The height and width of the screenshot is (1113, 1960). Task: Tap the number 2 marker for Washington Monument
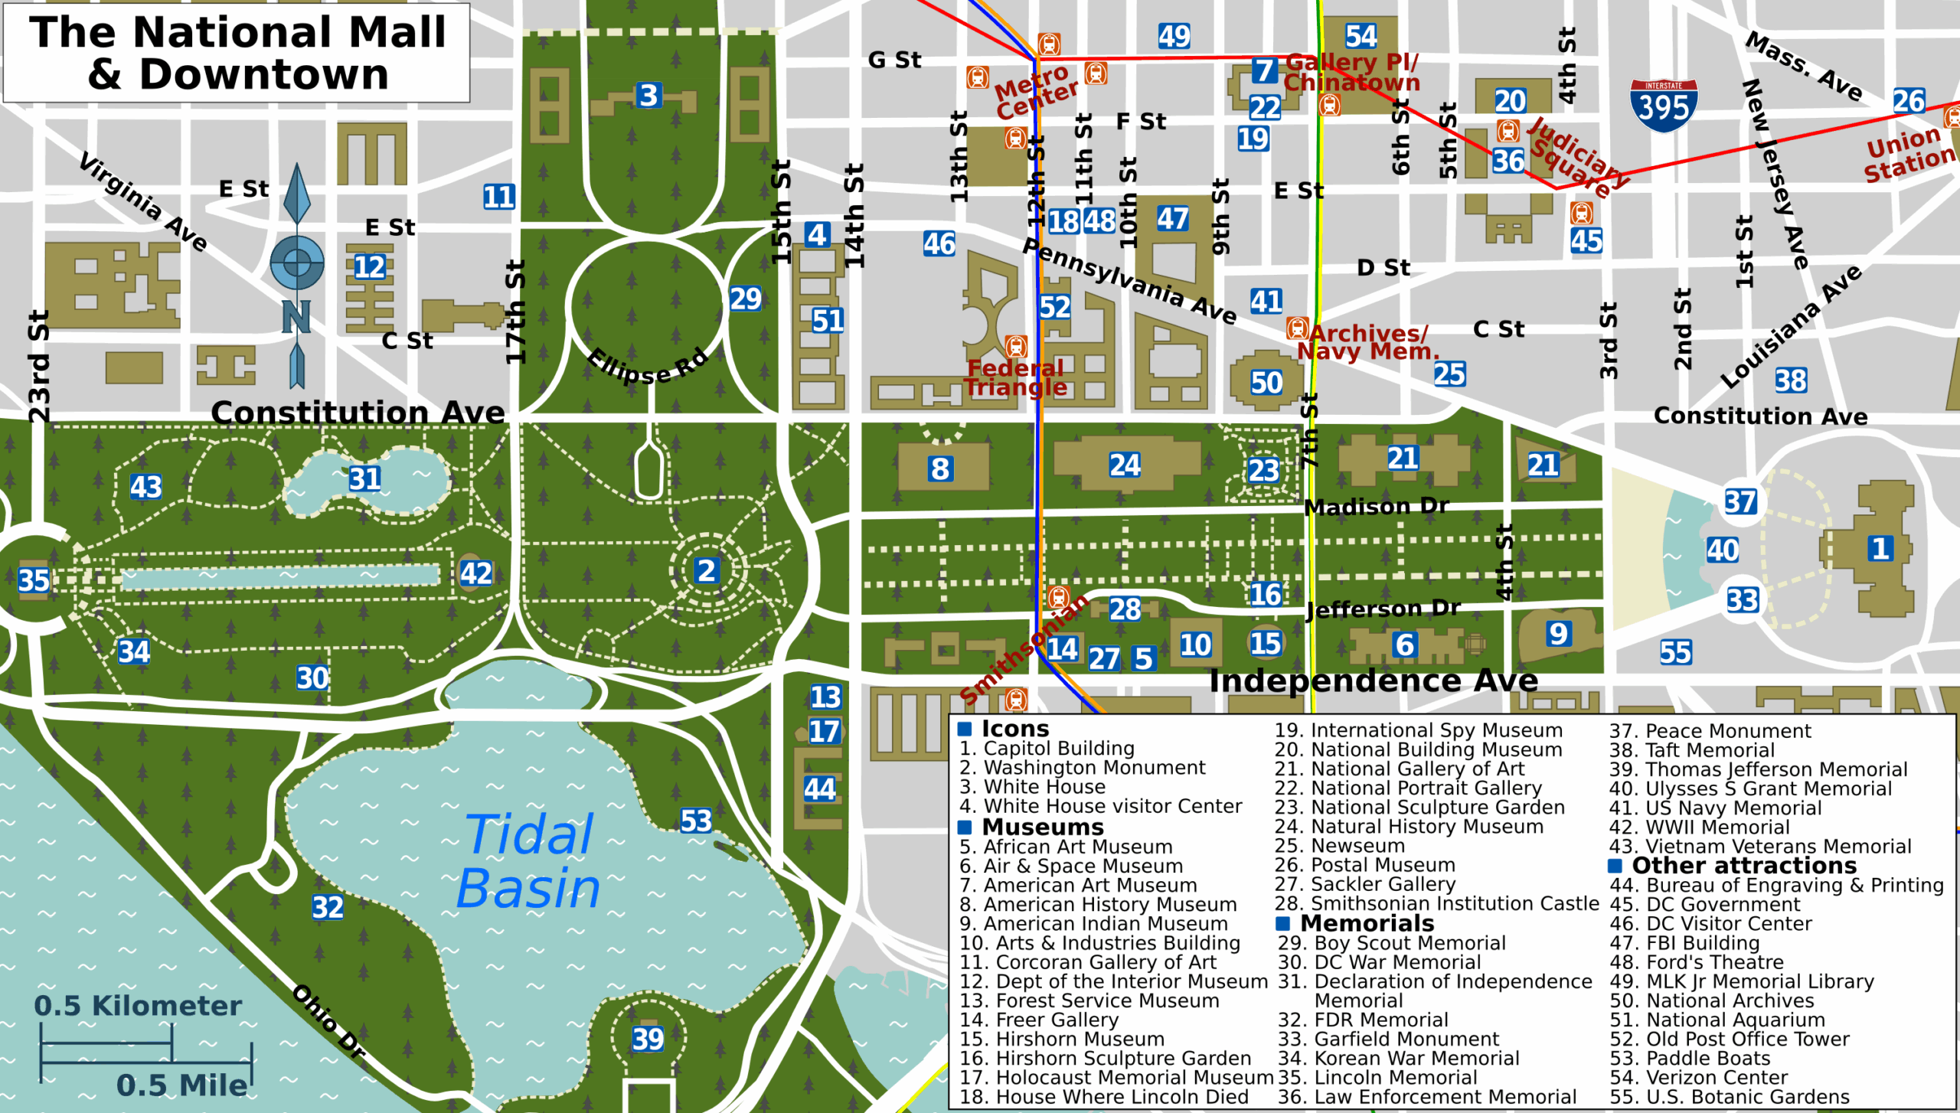click(706, 570)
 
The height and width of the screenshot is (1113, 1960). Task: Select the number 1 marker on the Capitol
click(1880, 548)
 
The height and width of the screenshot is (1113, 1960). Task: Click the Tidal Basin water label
click(528, 861)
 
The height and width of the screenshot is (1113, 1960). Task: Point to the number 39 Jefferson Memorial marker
click(648, 1039)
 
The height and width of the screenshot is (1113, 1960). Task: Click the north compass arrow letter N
click(296, 316)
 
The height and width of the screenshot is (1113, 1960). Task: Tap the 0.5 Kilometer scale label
click(138, 1006)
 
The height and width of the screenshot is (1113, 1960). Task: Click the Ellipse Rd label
click(648, 366)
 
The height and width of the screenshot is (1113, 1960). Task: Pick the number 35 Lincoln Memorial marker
click(34, 580)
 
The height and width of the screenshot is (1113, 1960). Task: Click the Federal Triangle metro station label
click(1014, 377)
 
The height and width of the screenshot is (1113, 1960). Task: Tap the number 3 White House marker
click(648, 96)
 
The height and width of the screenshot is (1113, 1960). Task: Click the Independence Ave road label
click(1374, 681)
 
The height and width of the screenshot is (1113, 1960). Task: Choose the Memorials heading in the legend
click(1366, 923)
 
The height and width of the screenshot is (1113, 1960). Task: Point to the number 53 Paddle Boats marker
click(696, 821)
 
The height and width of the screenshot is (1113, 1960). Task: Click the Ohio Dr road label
click(329, 1022)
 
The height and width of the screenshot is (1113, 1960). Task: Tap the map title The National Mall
click(237, 53)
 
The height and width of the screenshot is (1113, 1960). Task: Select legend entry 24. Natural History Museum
click(1409, 827)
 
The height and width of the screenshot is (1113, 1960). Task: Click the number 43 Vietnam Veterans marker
click(145, 487)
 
